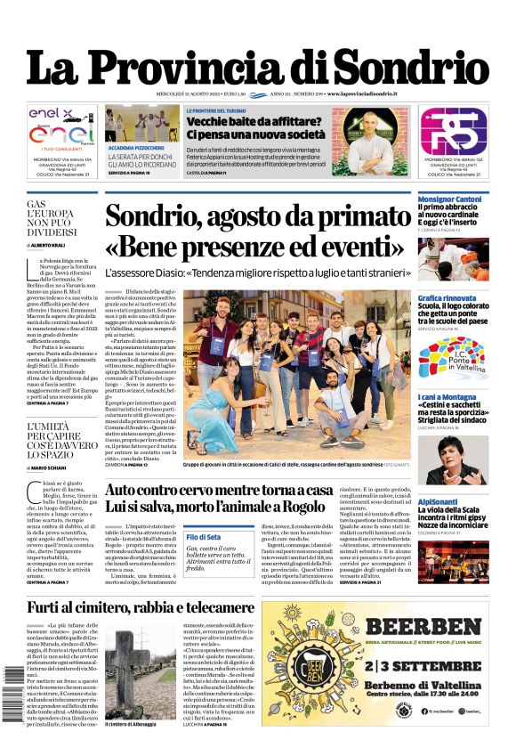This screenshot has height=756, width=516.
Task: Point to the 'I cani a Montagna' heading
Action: pos(451,396)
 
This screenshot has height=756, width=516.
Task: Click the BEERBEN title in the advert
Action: pos(386,627)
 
